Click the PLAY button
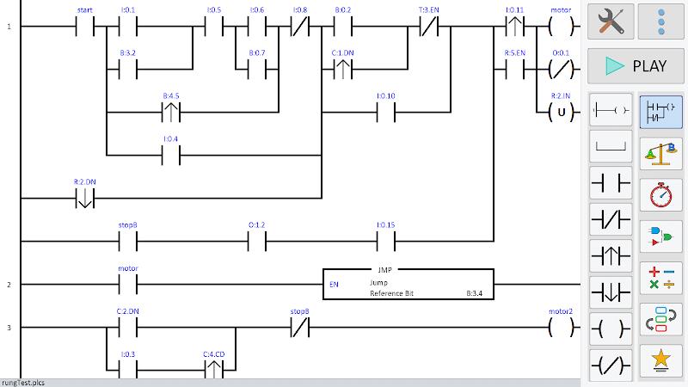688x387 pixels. click(x=636, y=66)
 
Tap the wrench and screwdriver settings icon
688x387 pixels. click(x=611, y=21)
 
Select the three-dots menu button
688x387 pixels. click(x=660, y=21)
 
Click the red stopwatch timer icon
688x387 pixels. click(x=660, y=195)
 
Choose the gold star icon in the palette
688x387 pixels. click(x=660, y=359)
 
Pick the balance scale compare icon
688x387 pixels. click(x=660, y=154)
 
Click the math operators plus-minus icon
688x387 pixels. click(x=660, y=278)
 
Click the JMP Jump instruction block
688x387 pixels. click(x=408, y=285)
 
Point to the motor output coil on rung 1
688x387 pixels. click(x=561, y=27)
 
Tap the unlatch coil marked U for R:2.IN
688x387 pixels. click(x=561, y=113)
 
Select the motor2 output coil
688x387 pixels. click(x=561, y=328)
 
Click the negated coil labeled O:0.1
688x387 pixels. click(x=561, y=70)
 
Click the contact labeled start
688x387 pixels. click(x=84, y=27)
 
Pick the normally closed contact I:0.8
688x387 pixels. click(x=300, y=27)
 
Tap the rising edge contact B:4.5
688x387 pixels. click(x=170, y=113)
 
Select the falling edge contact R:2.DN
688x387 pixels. click(x=84, y=199)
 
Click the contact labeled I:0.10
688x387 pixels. click(x=385, y=113)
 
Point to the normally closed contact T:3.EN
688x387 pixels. click(x=428, y=27)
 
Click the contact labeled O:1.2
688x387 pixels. click(x=256, y=242)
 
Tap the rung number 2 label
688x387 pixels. click(x=9, y=285)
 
